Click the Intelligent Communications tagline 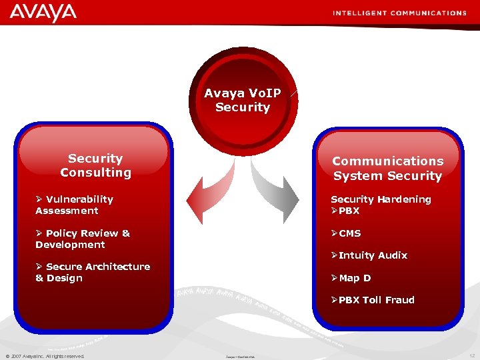click(399, 13)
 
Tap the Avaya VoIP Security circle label click(243, 100)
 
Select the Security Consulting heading click(95, 165)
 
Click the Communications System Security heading click(387, 168)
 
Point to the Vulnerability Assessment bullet click(74, 205)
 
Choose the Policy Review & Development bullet click(83, 239)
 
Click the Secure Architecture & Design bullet click(93, 272)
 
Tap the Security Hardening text click(381, 199)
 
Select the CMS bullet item click(346, 233)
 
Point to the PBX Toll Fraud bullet click(373, 300)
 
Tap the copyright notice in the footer click(45, 356)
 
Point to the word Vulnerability click(79, 199)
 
